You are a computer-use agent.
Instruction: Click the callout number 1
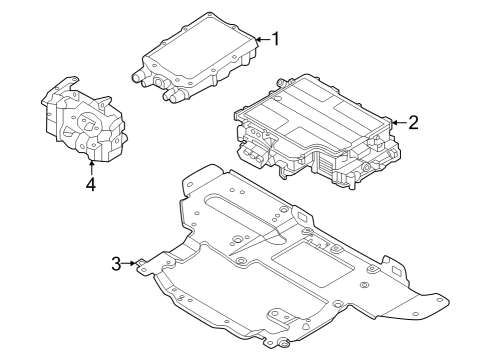pos(275,39)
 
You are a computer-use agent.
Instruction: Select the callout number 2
pos(413,123)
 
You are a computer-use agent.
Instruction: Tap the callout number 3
pos(116,264)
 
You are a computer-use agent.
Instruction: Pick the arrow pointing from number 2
pos(396,123)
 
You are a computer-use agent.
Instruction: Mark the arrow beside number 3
pos(130,264)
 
